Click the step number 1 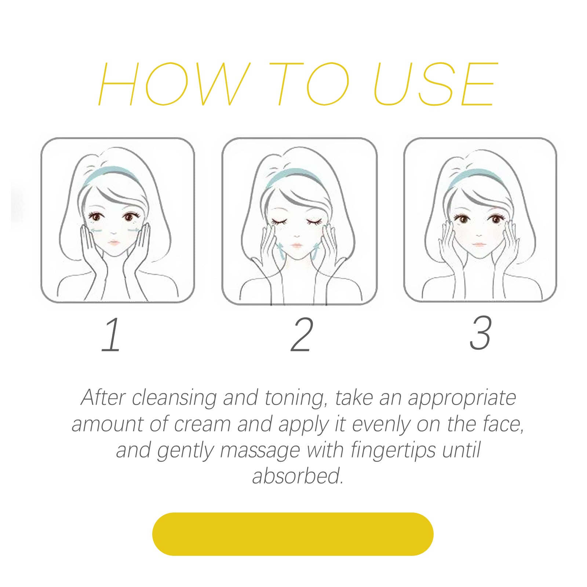(x=112, y=335)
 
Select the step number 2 (x=302, y=335)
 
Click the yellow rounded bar (x=293, y=534)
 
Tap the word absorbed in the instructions (x=298, y=476)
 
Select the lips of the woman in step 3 (x=477, y=244)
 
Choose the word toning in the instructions (x=295, y=398)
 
